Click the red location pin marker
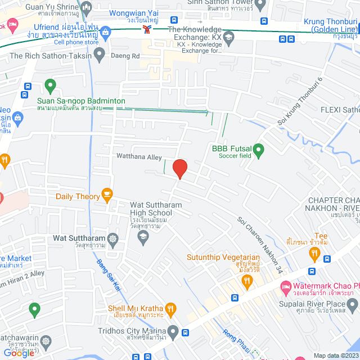(179, 168)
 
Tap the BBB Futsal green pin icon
(258, 150)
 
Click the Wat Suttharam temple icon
(113, 238)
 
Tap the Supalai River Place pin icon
(353, 305)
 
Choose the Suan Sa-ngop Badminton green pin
(50, 87)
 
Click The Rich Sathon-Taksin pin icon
(100, 55)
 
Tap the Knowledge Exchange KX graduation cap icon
(228, 38)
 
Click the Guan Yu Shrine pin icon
(86, 8)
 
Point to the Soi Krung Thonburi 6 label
(299, 101)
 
